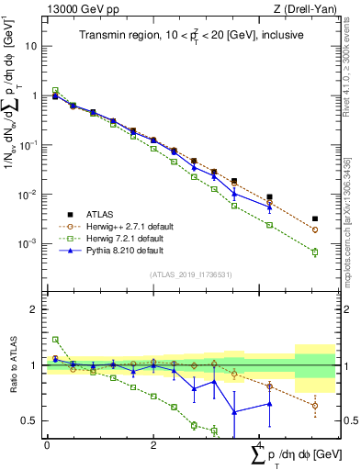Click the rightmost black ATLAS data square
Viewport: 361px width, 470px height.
tap(315, 219)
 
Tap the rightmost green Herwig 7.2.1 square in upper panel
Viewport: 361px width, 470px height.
tap(315, 252)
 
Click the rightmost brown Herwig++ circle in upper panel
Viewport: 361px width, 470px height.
tap(315, 229)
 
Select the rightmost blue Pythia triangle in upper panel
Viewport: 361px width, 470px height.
tap(269, 207)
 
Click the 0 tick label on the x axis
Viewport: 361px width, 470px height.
tap(47, 444)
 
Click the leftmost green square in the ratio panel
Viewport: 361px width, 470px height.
tap(55, 340)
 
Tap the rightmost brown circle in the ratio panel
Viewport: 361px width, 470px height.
tap(315, 406)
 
